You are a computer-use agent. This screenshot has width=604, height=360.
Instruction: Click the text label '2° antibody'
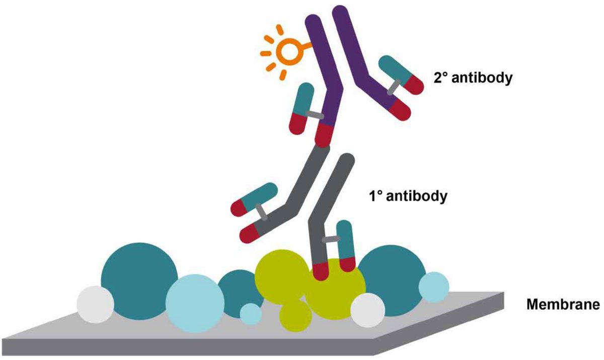click(x=473, y=79)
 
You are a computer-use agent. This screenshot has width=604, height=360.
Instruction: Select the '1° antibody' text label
click(x=407, y=195)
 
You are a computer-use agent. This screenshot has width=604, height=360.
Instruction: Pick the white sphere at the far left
click(x=95, y=304)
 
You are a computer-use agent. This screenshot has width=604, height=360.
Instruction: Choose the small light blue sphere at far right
click(x=433, y=287)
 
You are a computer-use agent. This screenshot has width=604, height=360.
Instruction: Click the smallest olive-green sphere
click(x=295, y=315)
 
